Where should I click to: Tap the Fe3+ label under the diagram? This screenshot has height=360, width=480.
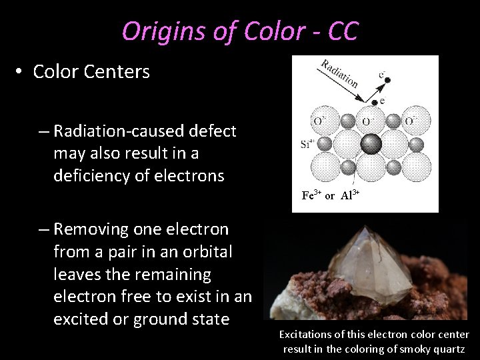point(312,195)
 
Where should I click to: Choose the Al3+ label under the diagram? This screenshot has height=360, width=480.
point(351,195)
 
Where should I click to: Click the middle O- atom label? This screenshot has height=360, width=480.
point(367,121)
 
